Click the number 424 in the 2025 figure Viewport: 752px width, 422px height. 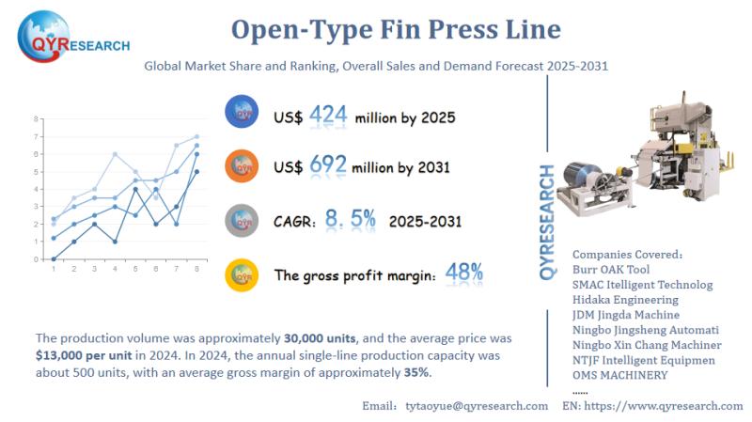click(x=328, y=117)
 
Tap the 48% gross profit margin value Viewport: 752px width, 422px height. click(x=464, y=274)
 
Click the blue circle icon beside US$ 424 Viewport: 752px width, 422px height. click(x=242, y=113)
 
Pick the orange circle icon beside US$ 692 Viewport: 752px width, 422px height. click(x=242, y=165)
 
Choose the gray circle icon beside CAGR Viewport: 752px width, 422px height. click(x=242, y=220)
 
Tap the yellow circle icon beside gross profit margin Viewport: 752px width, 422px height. click(x=242, y=274)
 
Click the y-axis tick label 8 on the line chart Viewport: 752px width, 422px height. click(x=35, y=119)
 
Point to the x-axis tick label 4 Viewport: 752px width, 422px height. click(x=115, y=270)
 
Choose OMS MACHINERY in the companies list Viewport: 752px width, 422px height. click(x=620, y=375)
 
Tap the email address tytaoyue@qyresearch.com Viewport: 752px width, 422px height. click(x=476, y=405)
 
